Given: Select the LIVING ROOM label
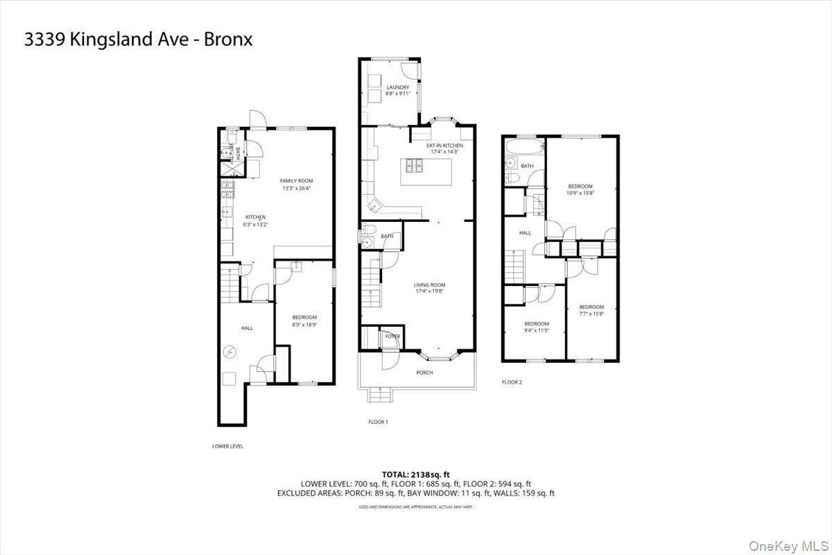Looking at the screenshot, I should coord(429,285).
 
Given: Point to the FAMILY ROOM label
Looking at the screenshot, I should coord(296,180).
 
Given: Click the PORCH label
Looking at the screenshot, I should coord(424,373).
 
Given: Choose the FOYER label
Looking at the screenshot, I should coord(392,336).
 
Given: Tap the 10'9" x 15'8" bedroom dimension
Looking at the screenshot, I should coord(580,192).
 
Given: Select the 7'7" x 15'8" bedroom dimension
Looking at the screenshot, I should coord(591,314).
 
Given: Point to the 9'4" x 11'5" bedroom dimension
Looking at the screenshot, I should coord(536,330).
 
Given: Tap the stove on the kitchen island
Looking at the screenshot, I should coord(415,165).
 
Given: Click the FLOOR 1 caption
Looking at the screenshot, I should coord(378,422).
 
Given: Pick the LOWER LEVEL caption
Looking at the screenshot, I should coord(227,446).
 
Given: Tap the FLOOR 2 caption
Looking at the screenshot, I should coord(512,382).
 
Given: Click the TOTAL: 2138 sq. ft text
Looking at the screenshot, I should coord(416,473).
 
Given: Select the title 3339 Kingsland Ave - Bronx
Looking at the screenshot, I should coord(139,40).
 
